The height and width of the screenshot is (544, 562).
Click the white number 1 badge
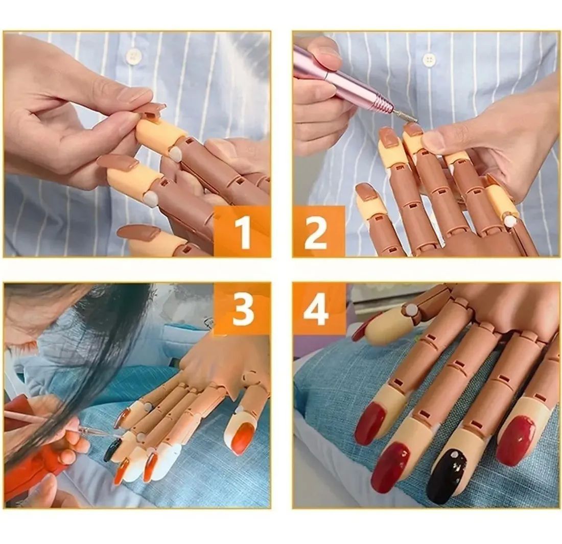243,232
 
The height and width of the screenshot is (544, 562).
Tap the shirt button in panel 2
430,60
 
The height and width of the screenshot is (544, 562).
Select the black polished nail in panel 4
446,476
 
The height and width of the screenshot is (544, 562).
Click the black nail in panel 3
112,450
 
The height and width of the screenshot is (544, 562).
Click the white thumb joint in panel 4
411,310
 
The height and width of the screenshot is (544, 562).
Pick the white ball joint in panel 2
510,221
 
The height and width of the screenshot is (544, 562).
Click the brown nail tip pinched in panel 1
150,109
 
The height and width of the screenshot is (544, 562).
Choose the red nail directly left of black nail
390,467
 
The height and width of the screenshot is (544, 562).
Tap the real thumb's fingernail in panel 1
134,94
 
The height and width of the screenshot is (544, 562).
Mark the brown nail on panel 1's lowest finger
139,232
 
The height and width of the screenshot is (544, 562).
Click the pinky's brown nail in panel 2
366,192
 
